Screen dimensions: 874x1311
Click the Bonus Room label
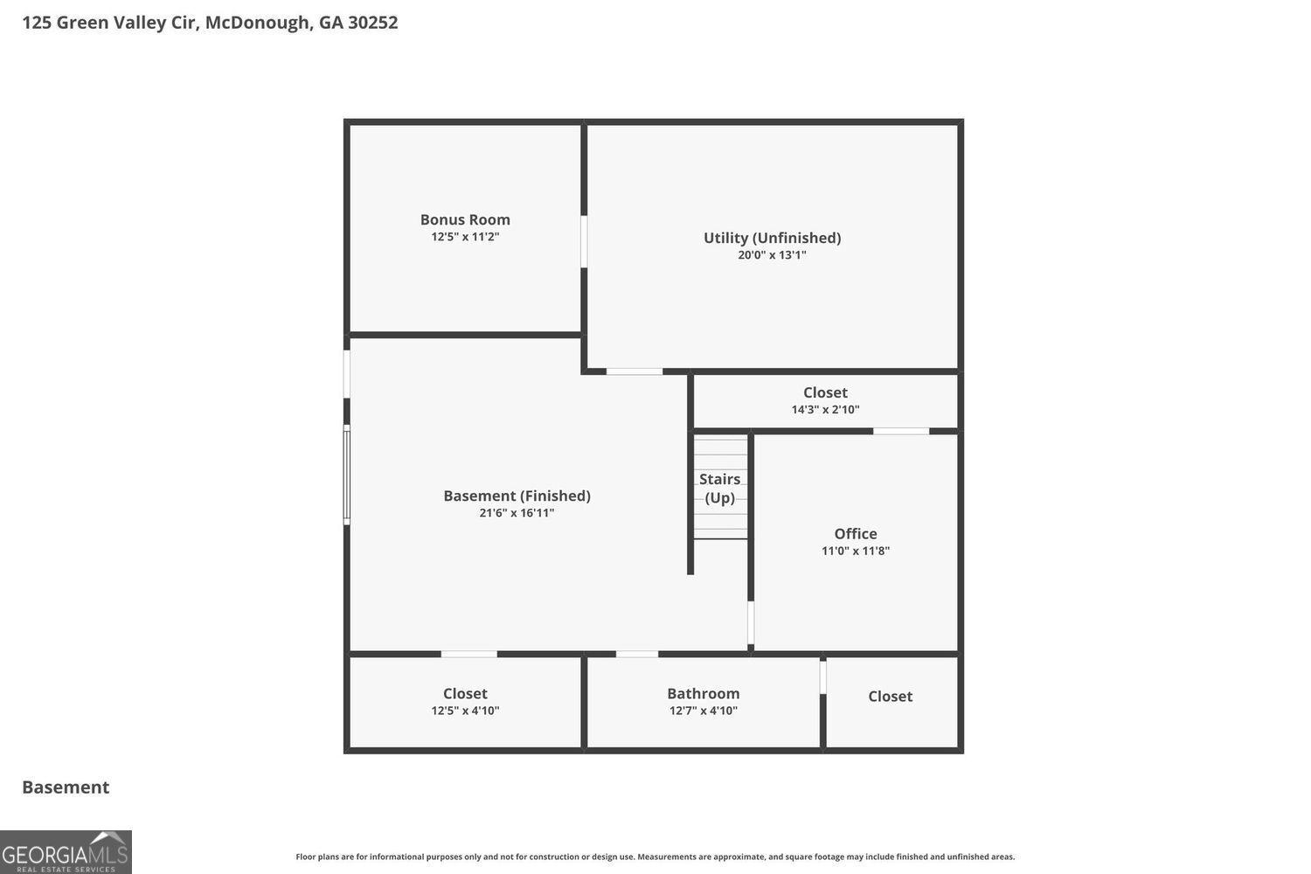(x=465, y=219)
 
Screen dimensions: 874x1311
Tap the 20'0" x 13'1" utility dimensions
(x=772, y=255)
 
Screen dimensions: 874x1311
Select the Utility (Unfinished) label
(x=772, y=238)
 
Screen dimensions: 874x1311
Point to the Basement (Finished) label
(x=517, y=496)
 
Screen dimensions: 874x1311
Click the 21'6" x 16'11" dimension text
(x=517, y=513)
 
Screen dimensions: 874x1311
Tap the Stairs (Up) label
(x=720, y=489)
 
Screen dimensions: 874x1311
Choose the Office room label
(x=855, y=533)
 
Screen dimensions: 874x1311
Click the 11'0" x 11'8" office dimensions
(x=855, y=551)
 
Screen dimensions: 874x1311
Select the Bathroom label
(x=703, y=693)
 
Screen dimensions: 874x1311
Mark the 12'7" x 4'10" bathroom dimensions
(x=703, y=711)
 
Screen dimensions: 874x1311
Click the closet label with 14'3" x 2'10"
(x=825, y=392)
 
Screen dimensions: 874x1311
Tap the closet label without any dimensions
(x=890, y=696)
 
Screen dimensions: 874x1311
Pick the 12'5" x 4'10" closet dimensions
(x=465, y=711)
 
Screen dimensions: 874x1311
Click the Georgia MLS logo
(x=66, y=852)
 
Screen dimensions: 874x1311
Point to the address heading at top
(x=210, y=23)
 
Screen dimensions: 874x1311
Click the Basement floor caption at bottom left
(x=66, y=787)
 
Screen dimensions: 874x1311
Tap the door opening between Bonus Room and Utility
(x=584, y=241)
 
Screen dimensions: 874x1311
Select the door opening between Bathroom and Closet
(x=822, y=677)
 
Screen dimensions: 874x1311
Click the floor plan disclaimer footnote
(x=655, y=857)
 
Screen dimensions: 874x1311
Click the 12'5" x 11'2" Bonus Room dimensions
(x=465, y=237)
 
